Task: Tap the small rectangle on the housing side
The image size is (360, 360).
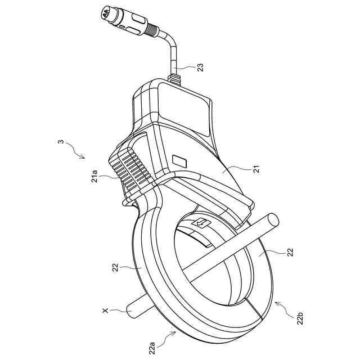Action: pyautogui.click(x=181, y=161)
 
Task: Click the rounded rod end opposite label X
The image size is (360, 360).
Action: pyautogui.click(x=272, y=220)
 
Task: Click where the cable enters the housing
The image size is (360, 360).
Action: pyautogui.click(x=175, y=78)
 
